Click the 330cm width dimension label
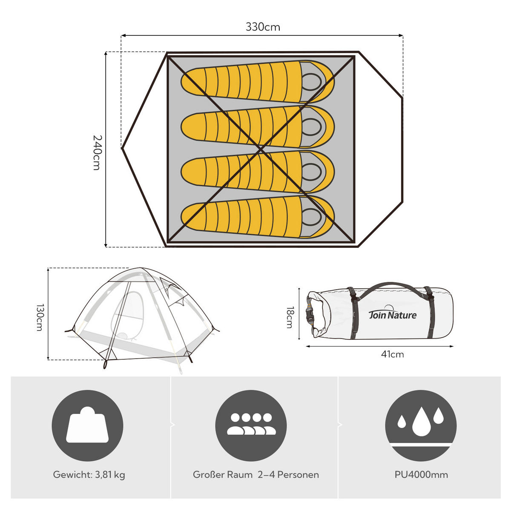point(263,27)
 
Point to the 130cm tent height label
point(39,317)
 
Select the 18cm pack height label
point(290,317)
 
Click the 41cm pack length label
point(393,354)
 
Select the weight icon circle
point(88,425)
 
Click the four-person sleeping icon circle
point(251,425)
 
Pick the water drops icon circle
point(421,425)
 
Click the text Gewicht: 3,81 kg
point(89,475)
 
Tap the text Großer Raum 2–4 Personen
point(256,475)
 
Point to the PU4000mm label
point(421,475)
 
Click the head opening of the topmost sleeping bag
point(312,82)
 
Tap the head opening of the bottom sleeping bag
point(312,217)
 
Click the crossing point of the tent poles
point(261,149)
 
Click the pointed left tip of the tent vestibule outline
point(122,148)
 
